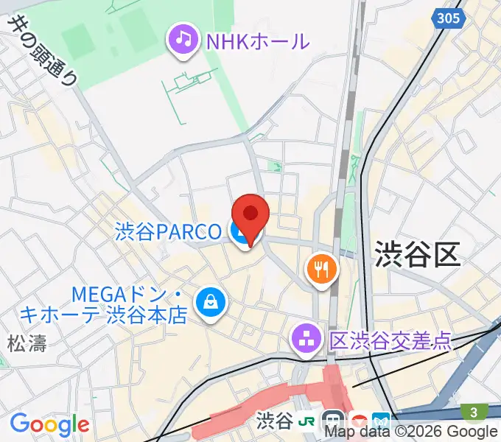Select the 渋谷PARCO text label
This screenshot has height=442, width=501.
click(168, 232)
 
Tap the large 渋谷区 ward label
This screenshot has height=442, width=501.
click(416, 254)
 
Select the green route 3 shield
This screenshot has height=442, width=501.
click(472, 410)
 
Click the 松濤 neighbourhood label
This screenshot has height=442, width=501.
click(27, 343)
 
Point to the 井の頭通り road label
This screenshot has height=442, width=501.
click(43, 52)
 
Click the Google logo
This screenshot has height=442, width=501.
click(49, 425)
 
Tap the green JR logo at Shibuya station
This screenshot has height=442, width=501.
click(307, 421)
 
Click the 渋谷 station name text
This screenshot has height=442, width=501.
click(274, 421)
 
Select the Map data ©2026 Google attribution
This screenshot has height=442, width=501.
click(412, 432)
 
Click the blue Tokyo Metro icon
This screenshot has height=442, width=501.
click(382, 421)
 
